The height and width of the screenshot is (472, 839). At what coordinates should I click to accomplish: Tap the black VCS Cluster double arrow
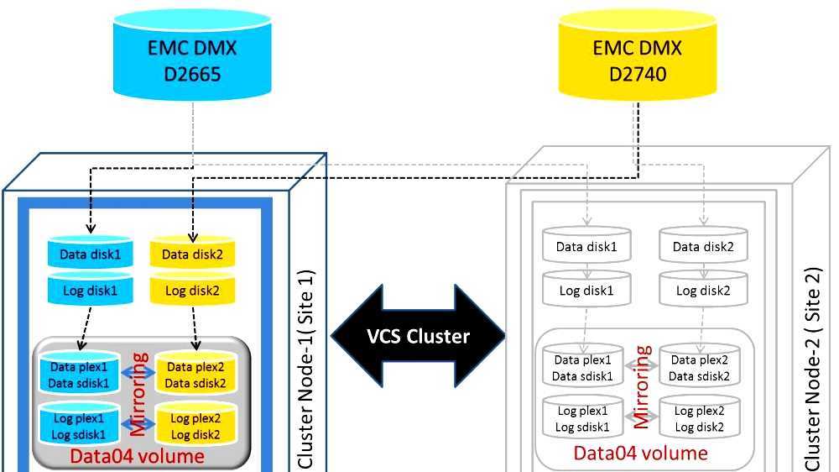[x=419, y=336]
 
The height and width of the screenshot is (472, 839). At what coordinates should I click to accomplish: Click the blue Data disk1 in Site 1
[x=90, y=254]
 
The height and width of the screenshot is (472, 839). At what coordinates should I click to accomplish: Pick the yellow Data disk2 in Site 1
[x=192, y=254]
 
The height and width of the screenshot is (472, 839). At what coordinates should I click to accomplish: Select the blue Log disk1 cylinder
[x=90, y=291]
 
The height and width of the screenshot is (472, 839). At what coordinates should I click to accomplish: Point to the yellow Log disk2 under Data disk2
[x=192, y=291]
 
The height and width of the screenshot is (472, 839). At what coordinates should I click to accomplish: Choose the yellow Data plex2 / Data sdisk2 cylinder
[x=195, y=374]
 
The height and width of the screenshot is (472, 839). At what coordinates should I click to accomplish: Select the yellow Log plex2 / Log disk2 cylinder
[x=195, y=425]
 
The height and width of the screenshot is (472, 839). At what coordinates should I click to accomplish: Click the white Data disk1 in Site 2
[x=587, y=247]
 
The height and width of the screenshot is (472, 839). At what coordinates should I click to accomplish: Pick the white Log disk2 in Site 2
[x=703, y=291]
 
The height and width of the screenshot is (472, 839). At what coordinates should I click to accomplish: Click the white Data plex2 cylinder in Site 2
[x=700, y=368]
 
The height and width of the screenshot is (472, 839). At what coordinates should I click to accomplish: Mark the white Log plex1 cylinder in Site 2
[x=581, y=418]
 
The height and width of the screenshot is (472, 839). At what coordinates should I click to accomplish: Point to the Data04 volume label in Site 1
[x=137, y=456]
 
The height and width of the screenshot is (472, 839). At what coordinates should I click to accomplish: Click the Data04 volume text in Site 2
[x=640, y=454]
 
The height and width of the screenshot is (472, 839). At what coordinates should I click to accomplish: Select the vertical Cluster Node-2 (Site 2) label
[x=813, y=370]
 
